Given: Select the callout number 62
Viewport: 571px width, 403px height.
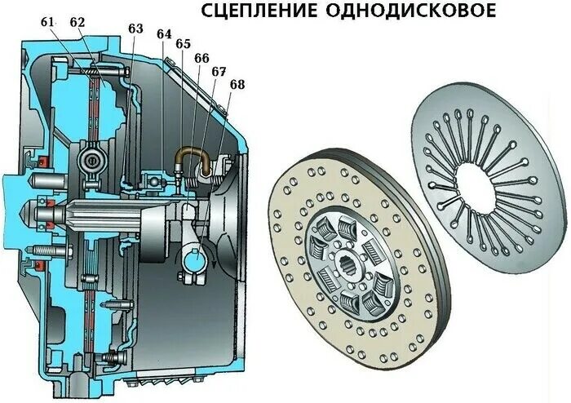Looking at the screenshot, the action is (77, 23).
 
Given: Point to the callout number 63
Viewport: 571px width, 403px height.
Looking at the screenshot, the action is (135, 29).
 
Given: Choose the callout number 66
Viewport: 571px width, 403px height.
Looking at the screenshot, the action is (201, 58).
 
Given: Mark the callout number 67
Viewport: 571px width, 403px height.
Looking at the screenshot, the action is (219, 72).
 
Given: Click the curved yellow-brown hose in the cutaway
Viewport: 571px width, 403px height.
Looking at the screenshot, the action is (195, 155).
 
